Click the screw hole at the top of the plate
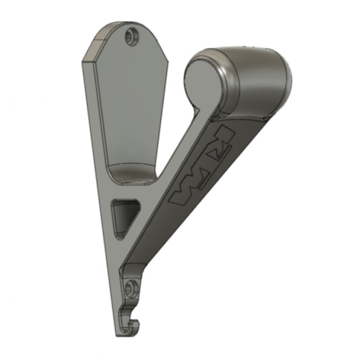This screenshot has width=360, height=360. coord(132,36)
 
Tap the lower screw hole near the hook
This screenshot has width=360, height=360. coord(132,287)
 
